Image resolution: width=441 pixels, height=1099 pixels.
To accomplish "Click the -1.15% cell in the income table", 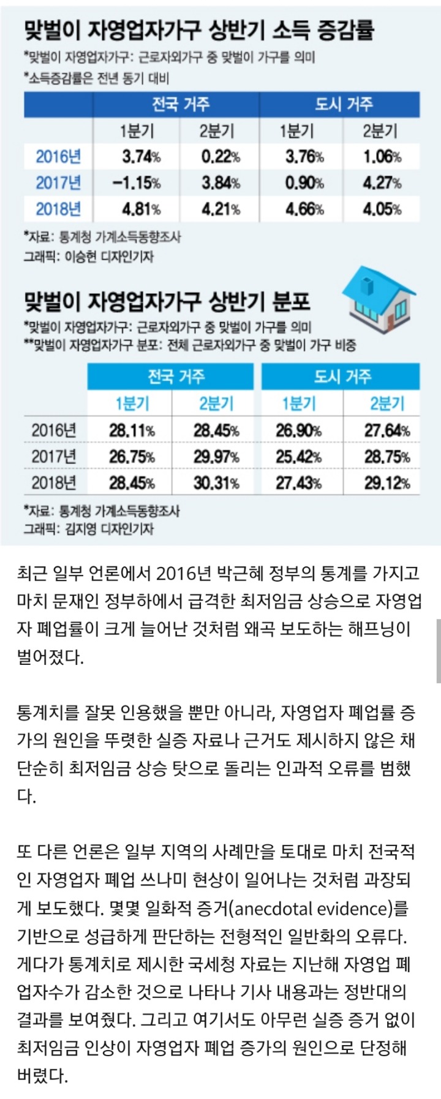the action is [137, 182].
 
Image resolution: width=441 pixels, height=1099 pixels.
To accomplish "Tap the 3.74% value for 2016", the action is [141, 156].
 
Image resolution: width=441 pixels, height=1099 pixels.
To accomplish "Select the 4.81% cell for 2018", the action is [141, 209].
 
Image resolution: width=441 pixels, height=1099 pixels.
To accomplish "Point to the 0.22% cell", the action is [221, 156].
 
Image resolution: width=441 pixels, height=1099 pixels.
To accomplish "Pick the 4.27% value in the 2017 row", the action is [382, 182].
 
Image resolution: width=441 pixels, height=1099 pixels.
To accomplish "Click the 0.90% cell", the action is [304, 182].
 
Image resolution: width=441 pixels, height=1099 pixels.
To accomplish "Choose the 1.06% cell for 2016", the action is [382, 156].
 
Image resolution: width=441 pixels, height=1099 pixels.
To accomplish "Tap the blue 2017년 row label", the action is [58, 182].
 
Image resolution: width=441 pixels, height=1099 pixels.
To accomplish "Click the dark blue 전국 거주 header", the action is [181, 104].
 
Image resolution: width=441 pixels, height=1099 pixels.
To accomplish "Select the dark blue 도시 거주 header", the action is [344, 104].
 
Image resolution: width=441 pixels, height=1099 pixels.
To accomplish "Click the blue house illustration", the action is [379, 299].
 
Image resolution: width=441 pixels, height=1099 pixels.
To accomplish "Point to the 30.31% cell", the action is [216, 483].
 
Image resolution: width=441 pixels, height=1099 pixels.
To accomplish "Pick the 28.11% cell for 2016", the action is [132, 430].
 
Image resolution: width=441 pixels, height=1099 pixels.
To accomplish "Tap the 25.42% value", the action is [298, 457].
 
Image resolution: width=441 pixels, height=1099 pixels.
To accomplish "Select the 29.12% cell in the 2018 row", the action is [387, 483].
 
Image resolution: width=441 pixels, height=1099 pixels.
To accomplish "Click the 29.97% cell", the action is [216, 457].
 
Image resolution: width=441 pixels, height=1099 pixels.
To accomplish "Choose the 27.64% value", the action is [387, 430].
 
